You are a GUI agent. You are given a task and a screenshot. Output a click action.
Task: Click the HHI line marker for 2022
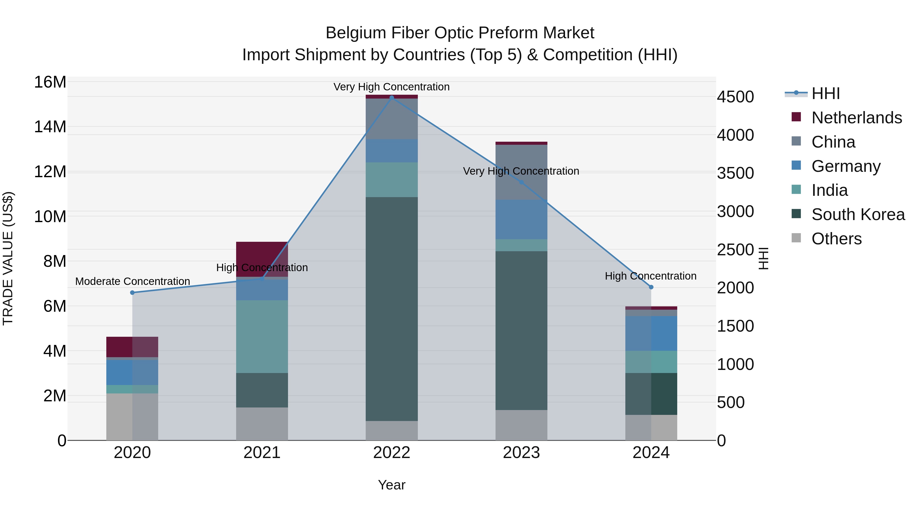pos(392,98)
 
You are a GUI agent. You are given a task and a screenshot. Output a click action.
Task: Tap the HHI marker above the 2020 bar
pos(132,293)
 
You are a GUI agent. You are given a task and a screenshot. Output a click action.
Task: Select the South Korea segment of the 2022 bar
pos(392,309)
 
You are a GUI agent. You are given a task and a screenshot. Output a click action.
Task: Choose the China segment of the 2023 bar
pos(521,172)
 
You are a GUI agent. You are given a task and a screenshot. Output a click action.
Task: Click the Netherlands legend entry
pos(856,118)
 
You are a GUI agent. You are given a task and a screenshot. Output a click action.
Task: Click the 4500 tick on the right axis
pos(735,97)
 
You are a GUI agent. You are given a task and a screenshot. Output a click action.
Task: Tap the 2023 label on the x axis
pos(521,453)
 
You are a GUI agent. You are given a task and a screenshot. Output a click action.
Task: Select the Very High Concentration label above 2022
pos(392,87)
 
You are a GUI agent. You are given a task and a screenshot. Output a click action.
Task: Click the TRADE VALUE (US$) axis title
pos(8,258)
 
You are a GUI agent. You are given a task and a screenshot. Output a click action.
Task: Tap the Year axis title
pos(392,485)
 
